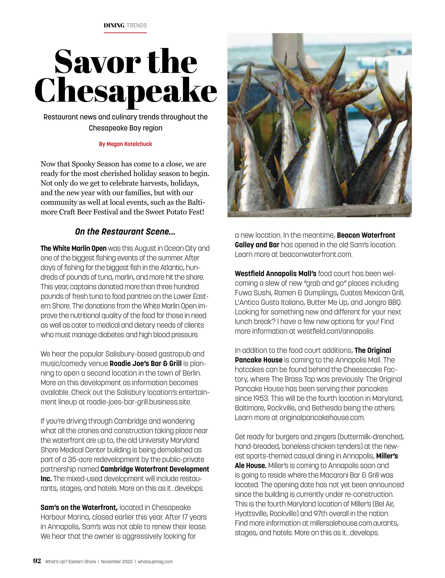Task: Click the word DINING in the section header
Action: pyautogui.click(x=114, y=25)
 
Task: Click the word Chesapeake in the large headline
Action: pyautogui.click(x=126, y=91)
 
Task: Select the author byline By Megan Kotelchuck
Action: pyautogui.click(x=125, y=144)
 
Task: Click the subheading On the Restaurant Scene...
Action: pyautogui.click(x=125, y=232)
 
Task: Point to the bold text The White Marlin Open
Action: pyautogui.click(x=73, y=248)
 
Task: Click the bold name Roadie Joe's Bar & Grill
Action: pyautogui.click(x=145, y=363)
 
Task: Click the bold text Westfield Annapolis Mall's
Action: pyautogui.click(x=275, y=273)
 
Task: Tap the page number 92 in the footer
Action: pyautogui.click(x=37, y=561)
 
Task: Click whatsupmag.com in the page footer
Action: pyautogui.click(x=155, y=561)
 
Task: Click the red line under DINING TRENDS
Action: pyautogui.click(x=125, y=33)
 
